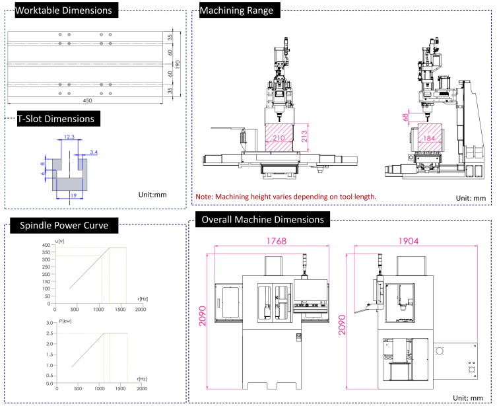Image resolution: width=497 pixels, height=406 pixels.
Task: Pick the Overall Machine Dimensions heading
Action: (x=263, y=219)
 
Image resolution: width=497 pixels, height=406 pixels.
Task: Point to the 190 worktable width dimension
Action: (x=178, y=64)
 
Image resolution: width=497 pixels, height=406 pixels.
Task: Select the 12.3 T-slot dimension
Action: (x=69, y=138)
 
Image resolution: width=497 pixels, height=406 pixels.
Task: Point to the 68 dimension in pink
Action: (x=405, y=116)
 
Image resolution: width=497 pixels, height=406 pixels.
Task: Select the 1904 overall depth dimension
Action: (x=416, y=241)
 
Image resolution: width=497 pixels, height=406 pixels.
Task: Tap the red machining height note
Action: (x=286, y=197)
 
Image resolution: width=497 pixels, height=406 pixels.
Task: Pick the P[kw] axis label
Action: (x=64, y=320)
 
